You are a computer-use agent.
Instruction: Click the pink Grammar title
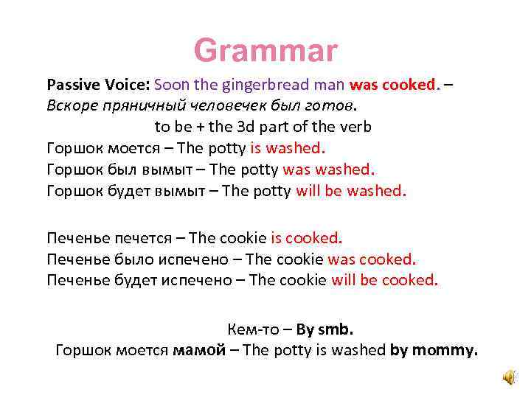point(265,51)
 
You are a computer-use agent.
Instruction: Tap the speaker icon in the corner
point(510,377)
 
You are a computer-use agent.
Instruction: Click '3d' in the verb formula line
point(265,126)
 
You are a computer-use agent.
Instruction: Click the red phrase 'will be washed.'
point(350,192)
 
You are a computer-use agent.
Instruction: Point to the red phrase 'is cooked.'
point(307,238)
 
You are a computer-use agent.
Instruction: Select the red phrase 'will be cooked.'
point(384,280)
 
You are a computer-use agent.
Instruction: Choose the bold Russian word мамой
point(198,350)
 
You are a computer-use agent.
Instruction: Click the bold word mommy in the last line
point(445,350)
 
